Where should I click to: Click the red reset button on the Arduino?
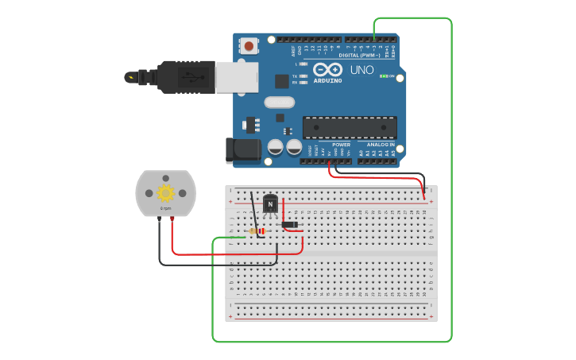coord(249,46)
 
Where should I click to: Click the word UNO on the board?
coord(362,71)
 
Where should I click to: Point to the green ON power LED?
coord(384,76)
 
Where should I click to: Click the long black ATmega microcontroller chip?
coord(350,127)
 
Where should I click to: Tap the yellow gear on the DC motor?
coord(165,193)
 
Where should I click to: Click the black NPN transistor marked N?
coord(271,204)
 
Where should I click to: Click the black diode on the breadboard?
coord(290,225)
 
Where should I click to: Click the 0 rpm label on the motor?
coord(165,208)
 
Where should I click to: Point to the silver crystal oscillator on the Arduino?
coord(280,102)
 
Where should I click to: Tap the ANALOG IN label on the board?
coord(381,145)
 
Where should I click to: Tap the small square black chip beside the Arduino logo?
coord(281,80)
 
